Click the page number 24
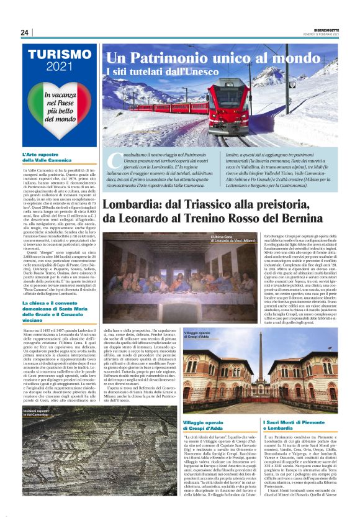[25, 33]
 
